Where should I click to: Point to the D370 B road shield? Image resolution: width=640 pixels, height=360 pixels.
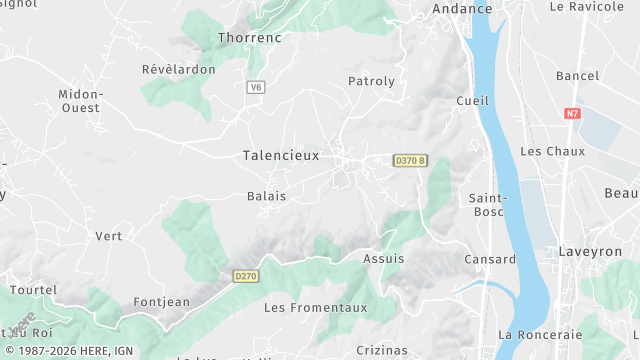[x=410, y=160]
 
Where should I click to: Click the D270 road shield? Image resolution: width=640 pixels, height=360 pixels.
[x=246, y=275]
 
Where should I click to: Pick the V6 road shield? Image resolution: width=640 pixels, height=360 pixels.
[x=256, y=87]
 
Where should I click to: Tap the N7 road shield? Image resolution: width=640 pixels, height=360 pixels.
[x=572, y=114]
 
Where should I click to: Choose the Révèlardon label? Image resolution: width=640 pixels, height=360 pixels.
[x=179, y=69]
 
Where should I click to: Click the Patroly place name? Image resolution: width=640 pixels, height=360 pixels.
[x=371, y=80]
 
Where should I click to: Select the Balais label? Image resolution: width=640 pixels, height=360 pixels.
[x=266, y=196]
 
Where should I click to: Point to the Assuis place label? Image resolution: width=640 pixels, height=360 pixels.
[x=384, y=258]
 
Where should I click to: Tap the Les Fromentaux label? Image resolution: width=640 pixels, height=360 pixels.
[x=305, y=307]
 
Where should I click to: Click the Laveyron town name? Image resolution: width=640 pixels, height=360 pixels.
[x=590, y=252]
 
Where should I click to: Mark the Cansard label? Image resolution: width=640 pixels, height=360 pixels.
[x=490, y=259]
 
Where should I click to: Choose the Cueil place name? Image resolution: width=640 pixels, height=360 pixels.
[x=472, y=101]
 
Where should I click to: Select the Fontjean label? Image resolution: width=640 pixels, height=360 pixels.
[x=161, y=302]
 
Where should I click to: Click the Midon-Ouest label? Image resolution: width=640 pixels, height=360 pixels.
[x=81, y=100]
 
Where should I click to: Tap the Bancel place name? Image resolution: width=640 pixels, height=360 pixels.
[x=577, y=76]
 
